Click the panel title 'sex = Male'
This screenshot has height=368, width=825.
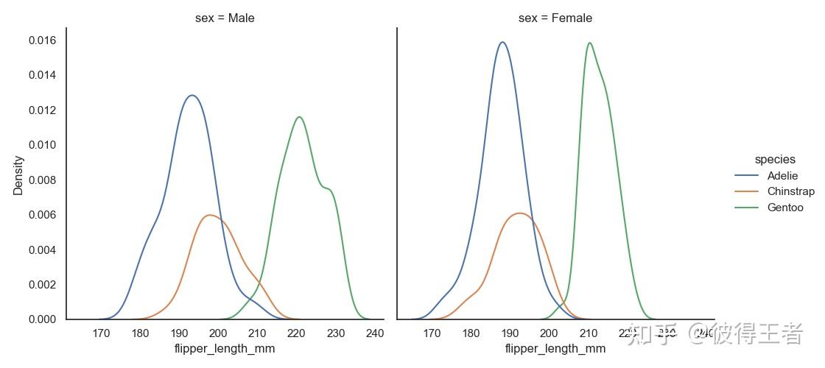[x=225, y=18]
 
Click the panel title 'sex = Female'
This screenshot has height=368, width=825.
[x=555, y=18]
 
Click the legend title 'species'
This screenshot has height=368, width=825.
[x=774, y=159]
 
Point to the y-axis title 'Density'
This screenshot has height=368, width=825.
[x=18, y=174]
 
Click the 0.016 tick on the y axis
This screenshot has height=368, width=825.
[x=42, y=40]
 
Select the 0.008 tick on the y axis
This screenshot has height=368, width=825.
[x=42, y=180]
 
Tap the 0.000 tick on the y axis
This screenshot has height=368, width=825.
[x=42, y=319]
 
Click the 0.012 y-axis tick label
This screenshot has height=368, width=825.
[x=42, y=110]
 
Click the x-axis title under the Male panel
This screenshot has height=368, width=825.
[x=225, y=349]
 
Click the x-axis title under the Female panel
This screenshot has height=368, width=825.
[x=555, y=349]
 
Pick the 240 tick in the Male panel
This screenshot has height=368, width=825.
[x=374, y=333]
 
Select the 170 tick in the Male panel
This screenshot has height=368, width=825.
[x=102, y=333]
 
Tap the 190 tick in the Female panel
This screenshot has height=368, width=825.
[x=510, y=333]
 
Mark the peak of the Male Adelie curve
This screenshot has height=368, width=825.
[x=192, y=95]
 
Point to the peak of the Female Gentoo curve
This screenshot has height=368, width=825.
[x=589, y=43]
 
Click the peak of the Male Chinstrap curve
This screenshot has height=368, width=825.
[x=211, y=215]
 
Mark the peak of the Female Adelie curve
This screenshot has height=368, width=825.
[x=502, y=42]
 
